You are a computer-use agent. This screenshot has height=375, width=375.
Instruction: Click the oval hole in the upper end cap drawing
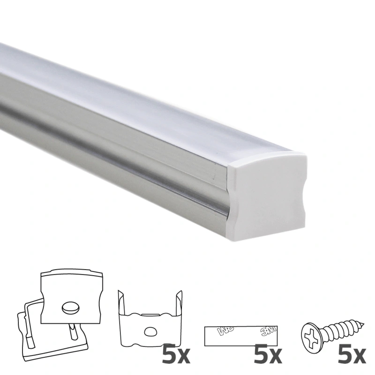pyautogui.click(x=69, y=307)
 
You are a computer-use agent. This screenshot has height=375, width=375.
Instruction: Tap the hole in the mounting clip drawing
pyautogui.click(x=151, y=332)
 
